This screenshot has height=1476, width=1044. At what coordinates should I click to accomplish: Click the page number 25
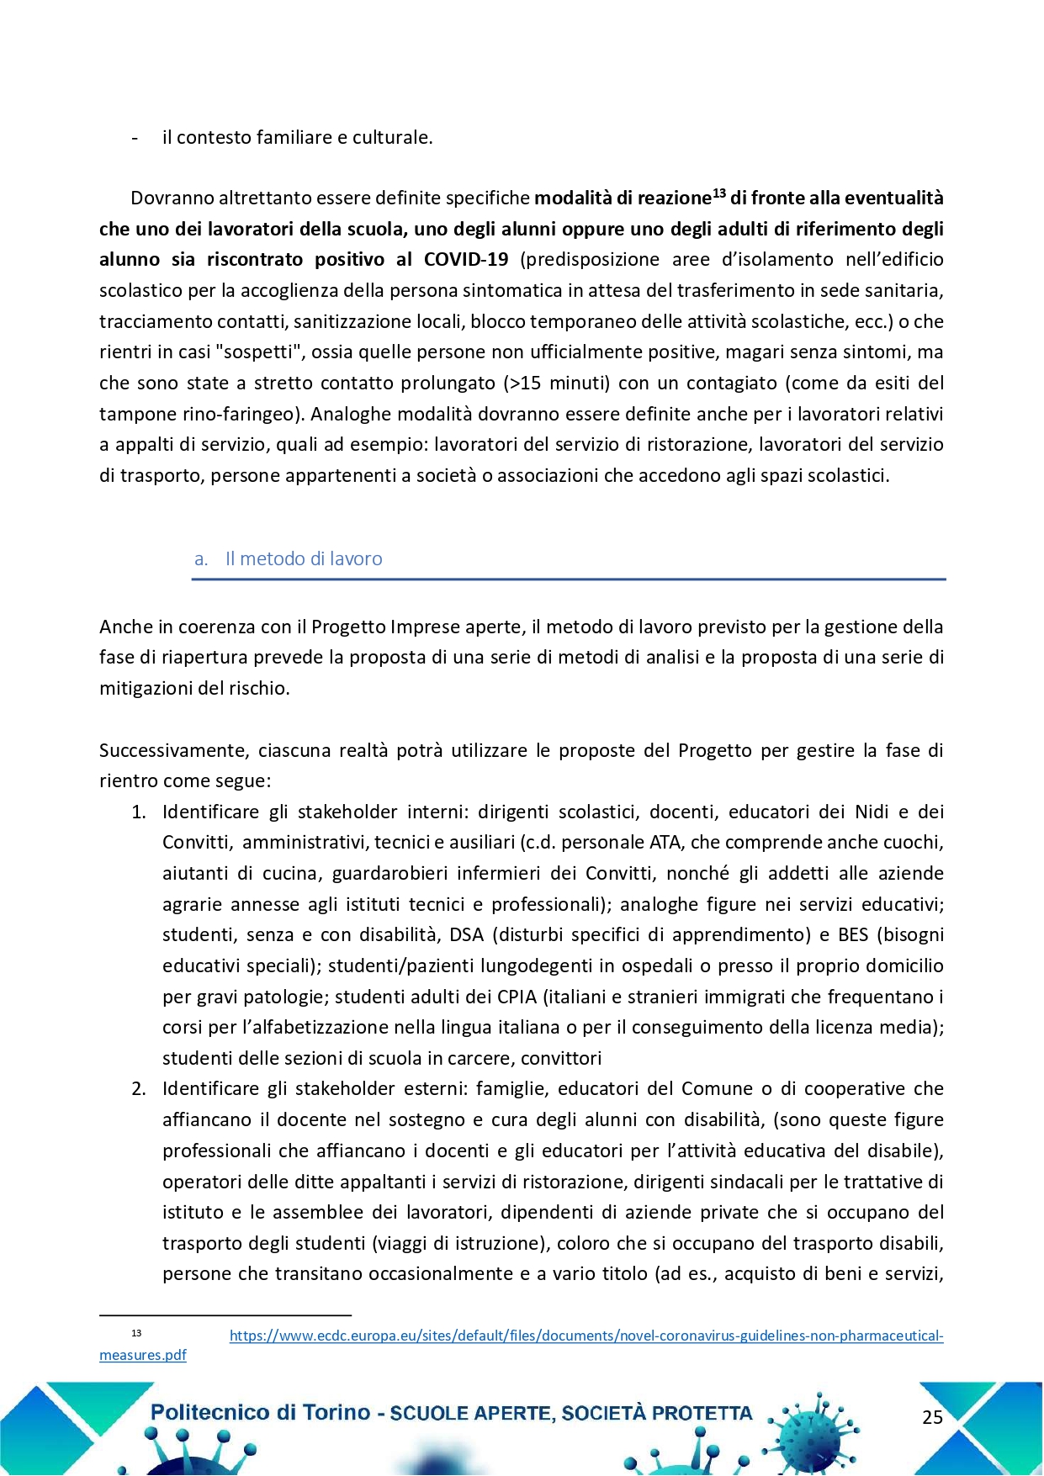click(932, 1417)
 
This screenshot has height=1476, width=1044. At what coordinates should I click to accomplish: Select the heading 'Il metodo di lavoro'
click(304, 559)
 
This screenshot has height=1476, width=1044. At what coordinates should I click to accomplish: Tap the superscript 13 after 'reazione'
click(719, 193)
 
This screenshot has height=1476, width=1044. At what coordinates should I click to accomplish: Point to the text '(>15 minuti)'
click(556, 384)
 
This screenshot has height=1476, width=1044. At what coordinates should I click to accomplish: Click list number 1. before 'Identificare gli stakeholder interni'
click(139, 812)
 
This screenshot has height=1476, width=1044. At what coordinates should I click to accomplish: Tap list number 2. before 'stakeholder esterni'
click(139, 1089)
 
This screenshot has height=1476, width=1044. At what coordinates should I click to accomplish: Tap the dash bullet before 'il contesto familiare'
click(135, 138)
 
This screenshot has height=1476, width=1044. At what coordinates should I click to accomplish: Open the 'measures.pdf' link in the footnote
click(143, 1355)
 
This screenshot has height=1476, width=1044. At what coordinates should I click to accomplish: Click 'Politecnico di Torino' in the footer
click(260, 1413)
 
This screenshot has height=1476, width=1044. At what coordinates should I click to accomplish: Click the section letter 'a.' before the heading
click(201, 559)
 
